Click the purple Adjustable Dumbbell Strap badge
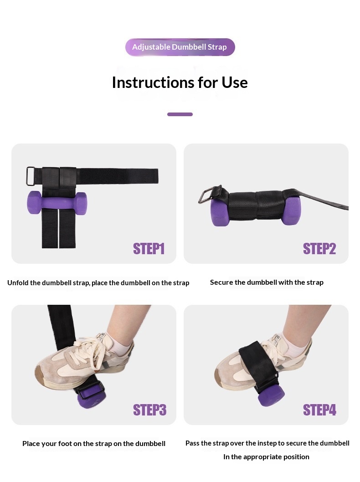pos(180,47)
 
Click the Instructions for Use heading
pos(180,82)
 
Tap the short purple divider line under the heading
pos(180,114)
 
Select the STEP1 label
pos(149,249)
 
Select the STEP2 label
pos(319,249)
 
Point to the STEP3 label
pos(150,410)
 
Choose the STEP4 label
pos(320,410)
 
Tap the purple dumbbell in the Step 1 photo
pos(57,203)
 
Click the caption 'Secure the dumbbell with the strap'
pos(267,282)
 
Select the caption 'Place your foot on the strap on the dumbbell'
pos(94,444)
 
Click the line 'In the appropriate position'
pos(266,457)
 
